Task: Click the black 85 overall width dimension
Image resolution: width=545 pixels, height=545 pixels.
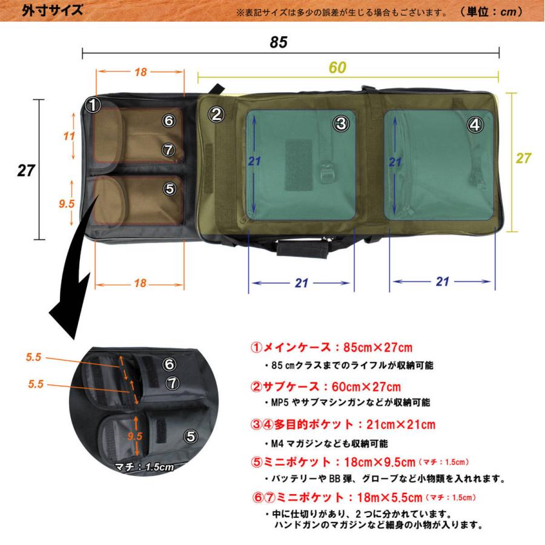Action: (278, 42)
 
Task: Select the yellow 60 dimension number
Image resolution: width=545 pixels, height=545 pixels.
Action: (337, 68)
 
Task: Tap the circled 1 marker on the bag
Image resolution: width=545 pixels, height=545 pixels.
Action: (92, 105)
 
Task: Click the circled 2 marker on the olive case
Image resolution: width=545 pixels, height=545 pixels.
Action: (217, 113)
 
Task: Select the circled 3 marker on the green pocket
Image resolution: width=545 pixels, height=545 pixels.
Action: (341, 124)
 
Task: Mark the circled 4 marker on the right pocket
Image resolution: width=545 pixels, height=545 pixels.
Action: (475, 125)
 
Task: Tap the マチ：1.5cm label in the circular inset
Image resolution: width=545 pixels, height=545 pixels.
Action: (145, 466)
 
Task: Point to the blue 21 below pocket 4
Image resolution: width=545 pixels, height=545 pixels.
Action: (443, 282)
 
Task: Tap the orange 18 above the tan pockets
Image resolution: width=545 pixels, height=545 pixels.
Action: (140, 72)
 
